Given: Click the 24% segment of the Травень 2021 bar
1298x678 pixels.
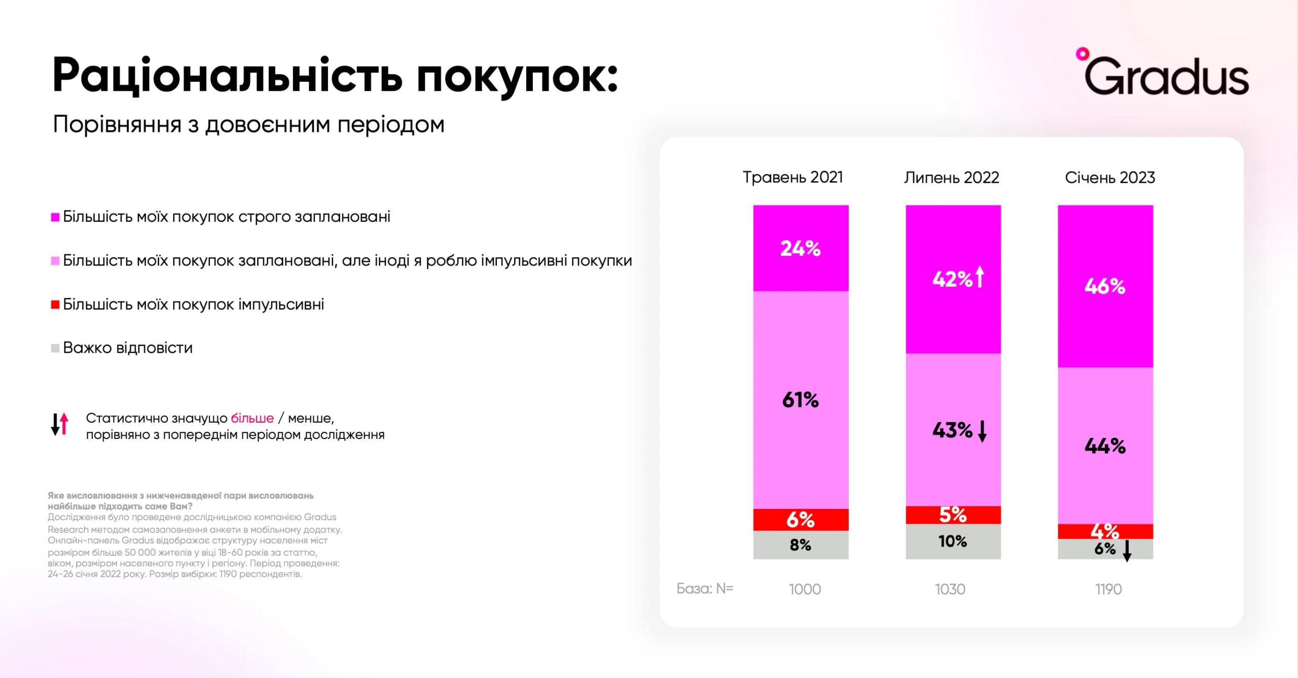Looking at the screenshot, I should (801, 248).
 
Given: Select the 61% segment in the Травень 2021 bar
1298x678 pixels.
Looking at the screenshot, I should (801, 400).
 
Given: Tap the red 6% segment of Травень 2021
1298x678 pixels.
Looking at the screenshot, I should (801, 520).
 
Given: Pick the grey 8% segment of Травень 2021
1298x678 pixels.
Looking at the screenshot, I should (801, 545).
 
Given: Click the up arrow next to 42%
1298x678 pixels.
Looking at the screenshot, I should (980, 277).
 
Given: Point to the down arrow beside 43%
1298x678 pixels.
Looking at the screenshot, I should (982, 431).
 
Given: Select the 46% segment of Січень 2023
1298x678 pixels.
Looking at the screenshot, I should (1105, 286).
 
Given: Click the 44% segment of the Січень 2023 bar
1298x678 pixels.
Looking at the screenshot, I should (1105, 446).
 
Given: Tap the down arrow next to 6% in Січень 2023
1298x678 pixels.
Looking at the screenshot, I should (1127, 551).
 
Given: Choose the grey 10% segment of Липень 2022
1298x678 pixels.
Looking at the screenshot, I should (953, 541).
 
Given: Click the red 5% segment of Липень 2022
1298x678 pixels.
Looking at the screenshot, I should (953, 515).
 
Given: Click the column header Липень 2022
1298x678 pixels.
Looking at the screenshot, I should (951, 178).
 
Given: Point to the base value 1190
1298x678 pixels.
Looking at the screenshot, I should (1108, 589).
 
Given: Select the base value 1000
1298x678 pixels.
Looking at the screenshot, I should (805, 589).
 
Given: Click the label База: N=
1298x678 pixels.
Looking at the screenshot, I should (705, 589).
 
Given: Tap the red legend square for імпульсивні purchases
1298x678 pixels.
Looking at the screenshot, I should (55, 305).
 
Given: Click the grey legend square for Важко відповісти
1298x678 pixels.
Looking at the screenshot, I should (55, 349).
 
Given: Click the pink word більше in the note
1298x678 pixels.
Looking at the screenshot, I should (252, 418).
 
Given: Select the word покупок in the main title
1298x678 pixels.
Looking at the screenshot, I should (517, 76).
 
